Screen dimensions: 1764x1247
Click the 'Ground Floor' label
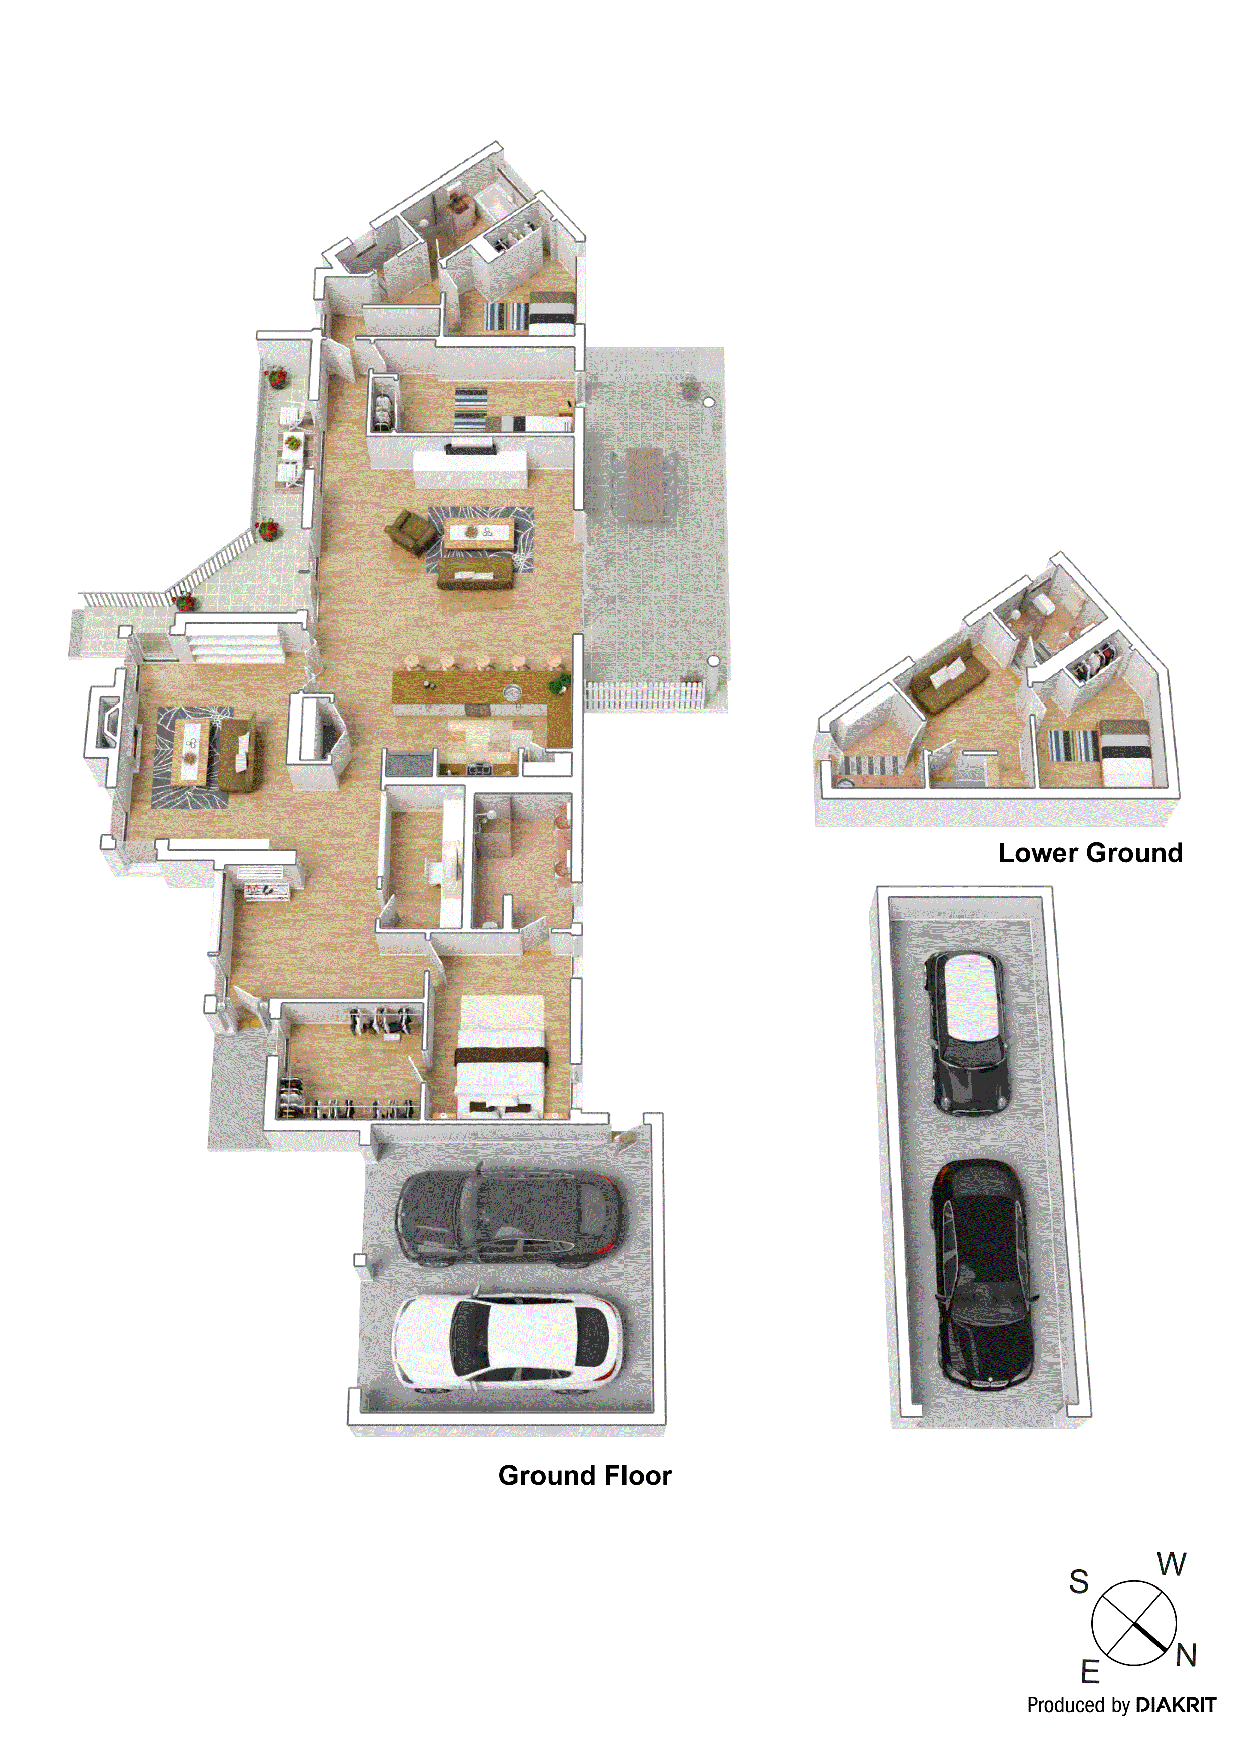point(585,1476)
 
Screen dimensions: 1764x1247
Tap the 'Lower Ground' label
point(1090,853)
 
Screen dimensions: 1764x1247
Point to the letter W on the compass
point(1172,1564)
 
